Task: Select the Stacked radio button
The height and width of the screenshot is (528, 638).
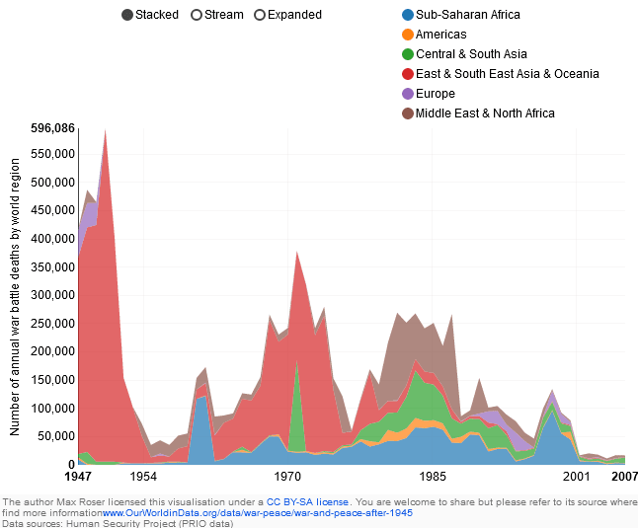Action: (x=128, y=15)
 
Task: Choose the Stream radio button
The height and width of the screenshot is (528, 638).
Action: (x=197, y=15)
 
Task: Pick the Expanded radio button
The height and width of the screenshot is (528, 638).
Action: (x=260, y=15)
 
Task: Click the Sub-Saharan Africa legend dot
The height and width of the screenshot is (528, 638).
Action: (x=408, y=15)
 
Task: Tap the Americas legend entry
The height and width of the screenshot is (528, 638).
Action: (x=440, y=35)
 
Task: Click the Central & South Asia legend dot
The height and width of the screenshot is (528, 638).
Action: (x=408, y=54)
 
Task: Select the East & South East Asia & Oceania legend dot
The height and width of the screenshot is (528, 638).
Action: (x=408, y=74)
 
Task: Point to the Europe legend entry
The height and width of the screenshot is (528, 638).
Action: (x=435, y=94)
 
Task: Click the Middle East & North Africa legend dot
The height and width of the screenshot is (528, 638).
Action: (x=408, y=113)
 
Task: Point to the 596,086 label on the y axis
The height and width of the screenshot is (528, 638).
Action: (x=53, y=128)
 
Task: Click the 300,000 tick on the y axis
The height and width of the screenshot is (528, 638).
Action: (x=53, y=295)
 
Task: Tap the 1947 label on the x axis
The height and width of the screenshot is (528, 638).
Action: (x=78, y=477)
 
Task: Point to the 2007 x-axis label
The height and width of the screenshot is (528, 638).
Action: (x=624, y=477)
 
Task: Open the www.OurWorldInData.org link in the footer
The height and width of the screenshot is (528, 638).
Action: (x=257, y=513)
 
